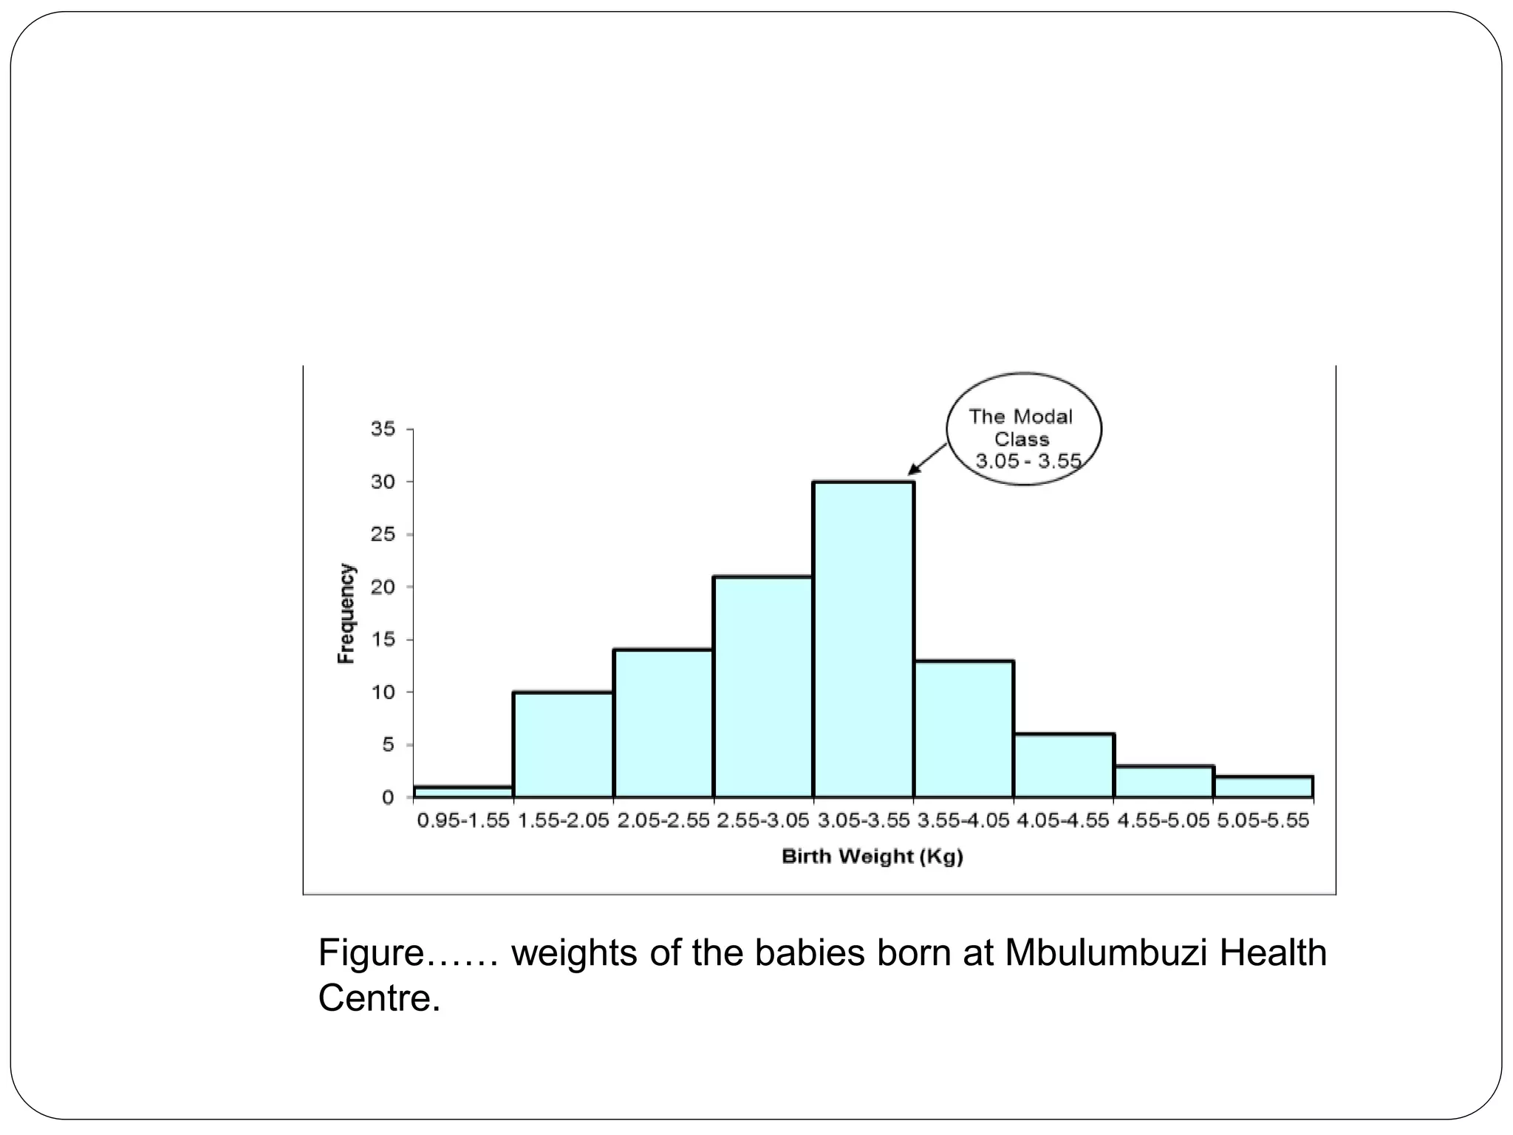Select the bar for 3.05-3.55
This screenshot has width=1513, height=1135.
(863, 639)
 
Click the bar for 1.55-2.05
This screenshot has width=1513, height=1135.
(563, 745)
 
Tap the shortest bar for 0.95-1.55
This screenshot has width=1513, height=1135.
(463, 792)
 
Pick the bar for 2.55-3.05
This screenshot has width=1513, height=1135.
(762, 687)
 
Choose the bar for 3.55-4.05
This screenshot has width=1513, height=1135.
(963, 729)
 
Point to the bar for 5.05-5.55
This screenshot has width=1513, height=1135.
(1263, 787)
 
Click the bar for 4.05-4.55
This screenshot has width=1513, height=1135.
(1063, 766)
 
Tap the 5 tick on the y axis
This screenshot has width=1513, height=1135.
(389, 745)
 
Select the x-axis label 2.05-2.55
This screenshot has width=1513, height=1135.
(663, 821)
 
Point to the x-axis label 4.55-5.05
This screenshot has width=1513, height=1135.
(1163, 821)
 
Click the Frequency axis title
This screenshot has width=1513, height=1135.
(346, 613)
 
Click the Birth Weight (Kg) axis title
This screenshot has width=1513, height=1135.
(872, 857)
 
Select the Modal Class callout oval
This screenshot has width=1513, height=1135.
(1023, 429)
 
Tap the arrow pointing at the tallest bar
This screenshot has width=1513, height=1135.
(928, 458)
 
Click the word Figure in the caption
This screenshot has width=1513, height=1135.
(369, 953)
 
